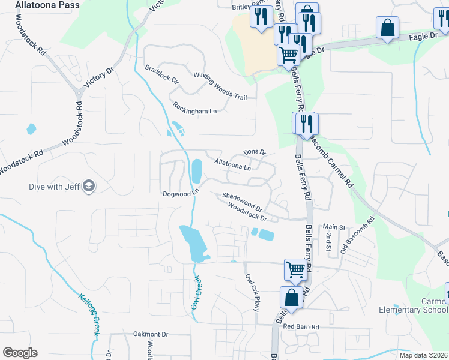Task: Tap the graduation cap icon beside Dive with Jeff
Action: [89, 186]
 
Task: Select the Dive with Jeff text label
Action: [55, 186]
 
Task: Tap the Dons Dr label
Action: [254, 152]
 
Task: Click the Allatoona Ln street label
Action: [232, 165]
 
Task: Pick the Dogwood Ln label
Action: [180, 194]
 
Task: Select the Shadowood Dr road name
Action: [243, 200]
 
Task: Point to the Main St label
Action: [334, 227]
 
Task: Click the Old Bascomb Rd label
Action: [357, 235]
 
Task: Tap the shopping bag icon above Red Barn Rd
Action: [291, 296]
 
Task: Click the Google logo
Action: [20, 353]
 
